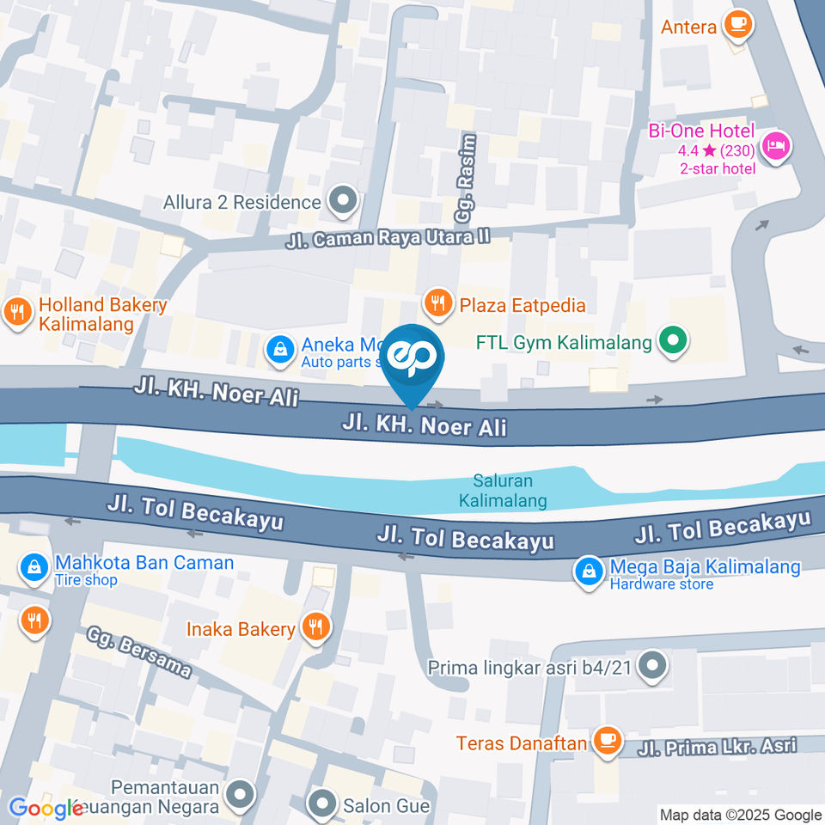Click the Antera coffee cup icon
pyautogui.click(x=736, y=26)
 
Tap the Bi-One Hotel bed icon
pyautogui.click(x=778, y=145)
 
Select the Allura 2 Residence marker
pyautogui.click(x=344, y=202)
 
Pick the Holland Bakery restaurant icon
pyautogui.click(x=17, y=314)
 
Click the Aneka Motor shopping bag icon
pyautogui.click(x=278, y=349)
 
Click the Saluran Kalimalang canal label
pyautogui.click(x=503, y=491)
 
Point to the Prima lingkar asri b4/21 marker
pyautogui.click(x=654, y=667)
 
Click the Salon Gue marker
pyautogui.click(x=323, y=805)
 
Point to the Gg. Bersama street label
pyautogui.click(x=137, y=651)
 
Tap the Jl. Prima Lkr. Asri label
pyautogui.click(x=717, y=746)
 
